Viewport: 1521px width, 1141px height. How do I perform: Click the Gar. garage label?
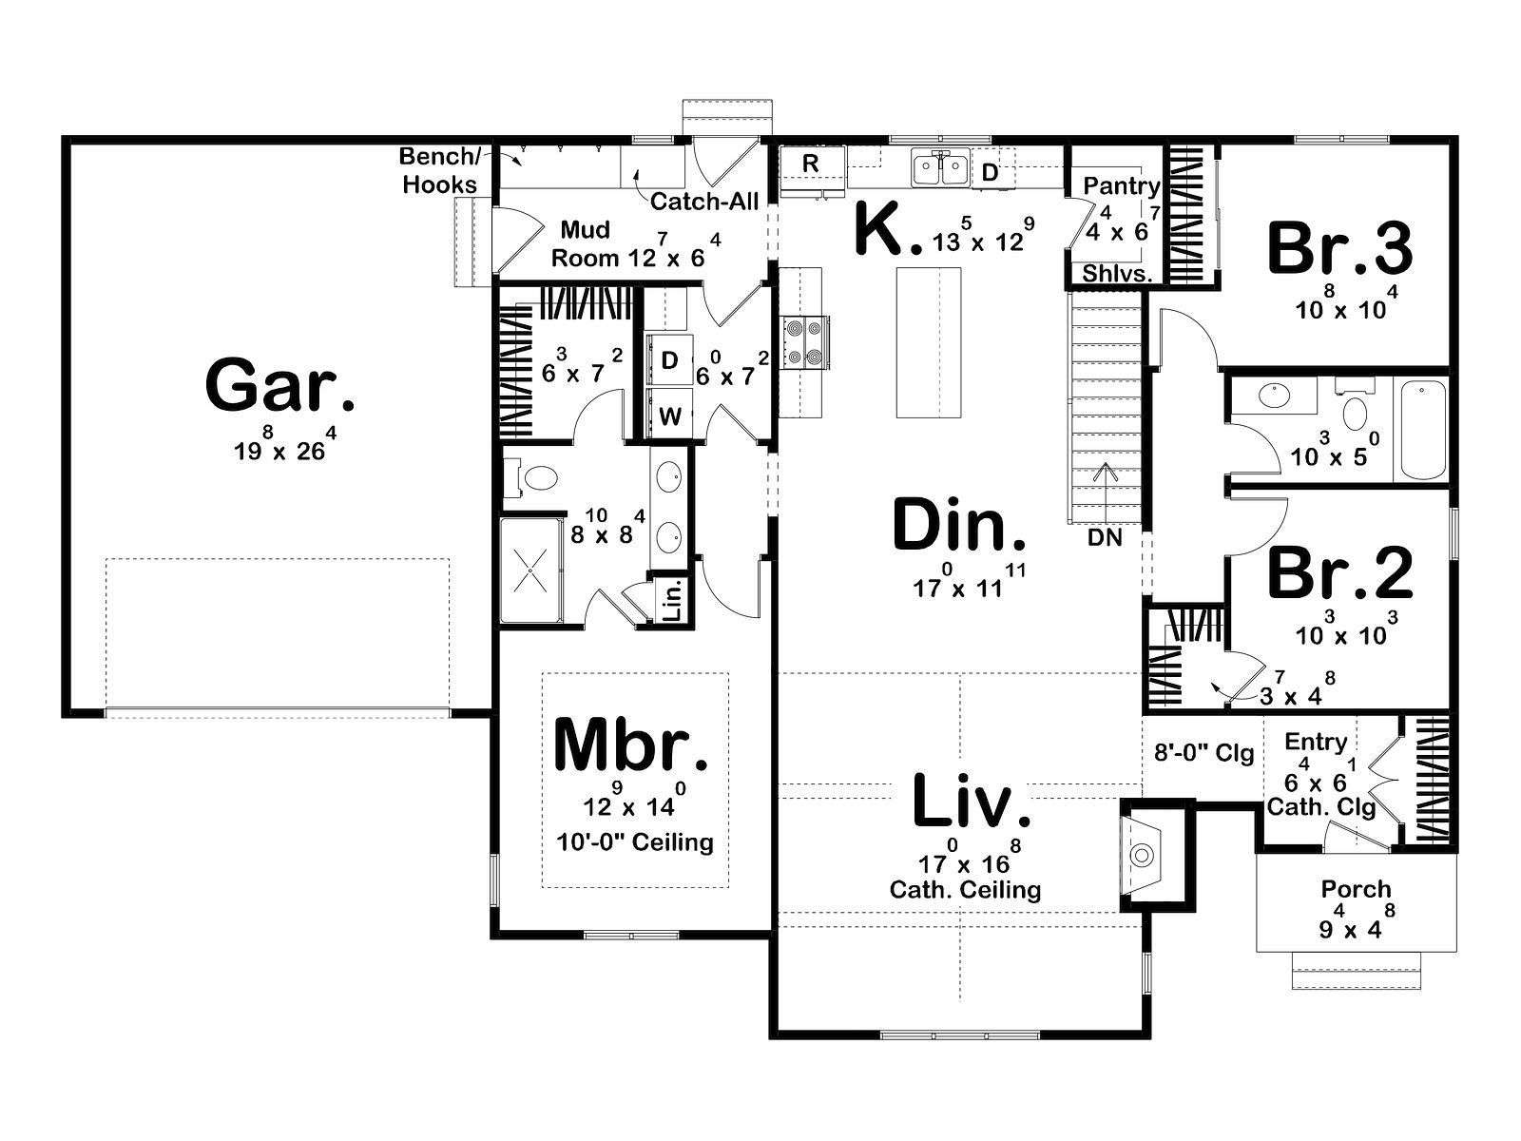point(279,384)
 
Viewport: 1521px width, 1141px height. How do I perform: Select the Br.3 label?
point(1340,247)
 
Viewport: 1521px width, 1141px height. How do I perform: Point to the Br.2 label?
point(1340,572)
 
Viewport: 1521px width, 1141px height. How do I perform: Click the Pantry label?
point(1121,185)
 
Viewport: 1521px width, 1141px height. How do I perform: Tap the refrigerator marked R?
point(812,167)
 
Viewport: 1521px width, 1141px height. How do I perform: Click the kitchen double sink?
point(940,167)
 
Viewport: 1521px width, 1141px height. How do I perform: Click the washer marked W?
point(669,415)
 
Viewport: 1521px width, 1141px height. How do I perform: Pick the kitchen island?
point(929,343)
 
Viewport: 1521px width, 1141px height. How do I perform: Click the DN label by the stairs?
point(1105,537)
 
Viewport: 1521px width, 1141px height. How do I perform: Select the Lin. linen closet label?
point(672,600)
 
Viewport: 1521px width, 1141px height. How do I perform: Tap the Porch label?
point(1357,889)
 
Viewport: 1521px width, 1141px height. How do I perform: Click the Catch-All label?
point(704,202)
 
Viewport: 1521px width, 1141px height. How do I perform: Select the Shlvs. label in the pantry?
point(1117,273)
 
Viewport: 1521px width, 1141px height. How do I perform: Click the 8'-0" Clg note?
point(1204,753)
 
